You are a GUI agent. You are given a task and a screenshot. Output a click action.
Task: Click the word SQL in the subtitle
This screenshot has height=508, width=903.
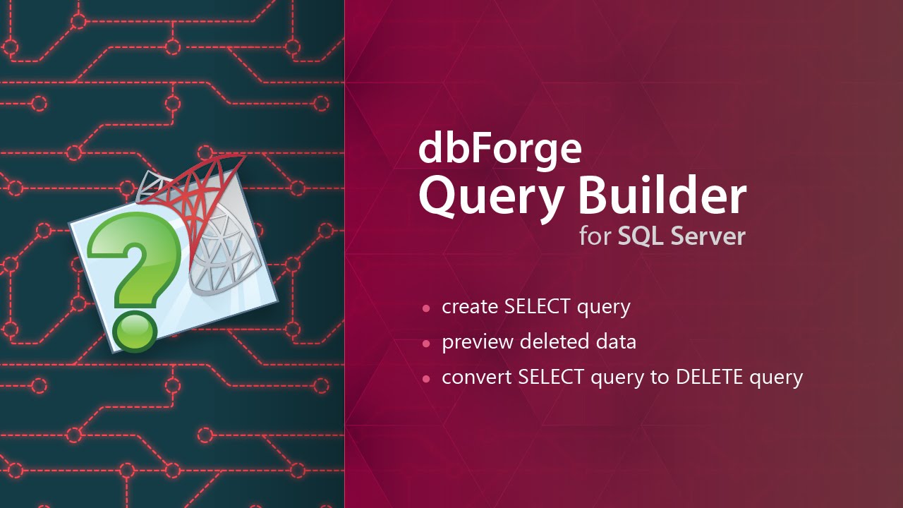[641, 236]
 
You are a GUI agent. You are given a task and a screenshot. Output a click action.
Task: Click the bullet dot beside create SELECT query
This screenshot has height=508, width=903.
[425, 308]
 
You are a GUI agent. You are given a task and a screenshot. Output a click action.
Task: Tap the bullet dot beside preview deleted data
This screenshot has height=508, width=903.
[425, 344]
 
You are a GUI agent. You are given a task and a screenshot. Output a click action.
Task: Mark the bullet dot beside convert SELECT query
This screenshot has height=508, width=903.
[425, 379]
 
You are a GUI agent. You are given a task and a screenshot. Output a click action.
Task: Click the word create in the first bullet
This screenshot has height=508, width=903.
[470, 307]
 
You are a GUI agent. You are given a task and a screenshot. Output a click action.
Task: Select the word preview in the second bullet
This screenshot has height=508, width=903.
[478, 343]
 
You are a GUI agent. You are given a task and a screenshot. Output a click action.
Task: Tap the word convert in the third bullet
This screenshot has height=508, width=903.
[477, 377]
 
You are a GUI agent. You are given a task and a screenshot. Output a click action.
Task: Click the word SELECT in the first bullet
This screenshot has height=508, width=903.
[537, 307]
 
